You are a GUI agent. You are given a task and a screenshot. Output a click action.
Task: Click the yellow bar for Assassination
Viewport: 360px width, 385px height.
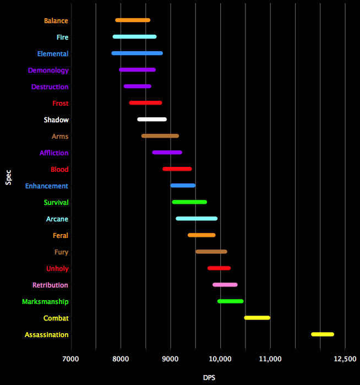323,334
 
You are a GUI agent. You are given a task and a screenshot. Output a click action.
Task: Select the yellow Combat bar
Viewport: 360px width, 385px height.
257,318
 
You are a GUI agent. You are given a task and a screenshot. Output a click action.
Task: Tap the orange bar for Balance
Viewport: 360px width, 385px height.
133,20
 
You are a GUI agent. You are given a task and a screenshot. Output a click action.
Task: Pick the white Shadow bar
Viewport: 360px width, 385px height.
152,120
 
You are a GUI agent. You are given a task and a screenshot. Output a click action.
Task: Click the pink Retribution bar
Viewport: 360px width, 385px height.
225,285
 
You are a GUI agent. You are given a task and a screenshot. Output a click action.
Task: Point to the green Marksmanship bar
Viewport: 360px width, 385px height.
231,301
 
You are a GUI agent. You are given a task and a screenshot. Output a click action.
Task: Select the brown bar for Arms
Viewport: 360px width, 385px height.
160,136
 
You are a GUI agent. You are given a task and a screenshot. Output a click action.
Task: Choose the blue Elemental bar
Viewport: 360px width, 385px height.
137,53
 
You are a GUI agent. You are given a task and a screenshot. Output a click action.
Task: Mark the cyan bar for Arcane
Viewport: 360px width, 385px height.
197,219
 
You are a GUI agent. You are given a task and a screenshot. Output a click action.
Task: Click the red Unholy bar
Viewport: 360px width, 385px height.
219,268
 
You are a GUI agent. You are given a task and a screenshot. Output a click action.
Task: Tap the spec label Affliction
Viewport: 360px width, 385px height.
54,153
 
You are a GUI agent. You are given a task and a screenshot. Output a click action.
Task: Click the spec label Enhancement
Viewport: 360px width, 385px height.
47,186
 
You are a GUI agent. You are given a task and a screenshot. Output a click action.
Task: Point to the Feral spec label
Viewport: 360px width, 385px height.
61,236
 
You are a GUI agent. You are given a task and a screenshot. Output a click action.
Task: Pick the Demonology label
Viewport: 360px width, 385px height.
48,71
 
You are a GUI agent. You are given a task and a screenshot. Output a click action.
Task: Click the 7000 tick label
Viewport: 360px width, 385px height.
71,359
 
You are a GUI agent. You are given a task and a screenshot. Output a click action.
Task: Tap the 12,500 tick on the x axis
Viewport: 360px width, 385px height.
345,359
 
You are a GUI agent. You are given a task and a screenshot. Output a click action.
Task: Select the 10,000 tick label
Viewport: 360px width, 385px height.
221,359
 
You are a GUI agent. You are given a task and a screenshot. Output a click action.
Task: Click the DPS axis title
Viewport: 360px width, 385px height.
209,378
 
